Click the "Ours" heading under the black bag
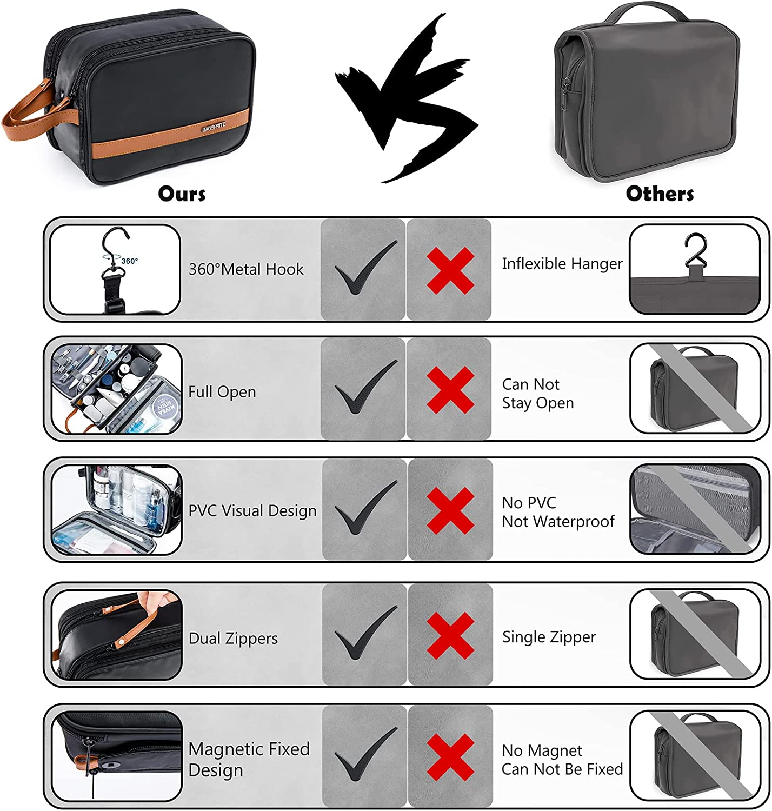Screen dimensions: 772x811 (x=182, y=194)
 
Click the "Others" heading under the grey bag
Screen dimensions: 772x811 (x=660, y=194)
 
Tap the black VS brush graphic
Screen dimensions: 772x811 (x=407, y=99)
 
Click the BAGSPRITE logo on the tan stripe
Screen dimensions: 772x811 (x=214, y=127)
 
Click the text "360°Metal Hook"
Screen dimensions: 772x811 (x=246, y=269)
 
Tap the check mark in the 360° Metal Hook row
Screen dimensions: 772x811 (x=365, y=267)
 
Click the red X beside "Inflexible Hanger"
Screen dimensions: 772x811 (x=450, y=271)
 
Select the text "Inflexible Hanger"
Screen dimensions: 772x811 (x=562, y=264)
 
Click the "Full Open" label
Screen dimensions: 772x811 (x=222, y=391)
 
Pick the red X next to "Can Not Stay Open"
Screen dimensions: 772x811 (x=450, y=390)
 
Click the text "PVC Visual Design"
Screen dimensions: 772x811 (x=252, y=510)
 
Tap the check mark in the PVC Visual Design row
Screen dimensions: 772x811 (x=365, y=507)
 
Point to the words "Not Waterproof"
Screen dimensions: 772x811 (x=558, y=521)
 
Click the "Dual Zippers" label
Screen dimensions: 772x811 (x=233, y=638)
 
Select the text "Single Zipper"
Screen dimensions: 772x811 (x=549, y=637)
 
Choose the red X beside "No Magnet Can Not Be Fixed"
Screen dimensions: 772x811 (x=450, y=757)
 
